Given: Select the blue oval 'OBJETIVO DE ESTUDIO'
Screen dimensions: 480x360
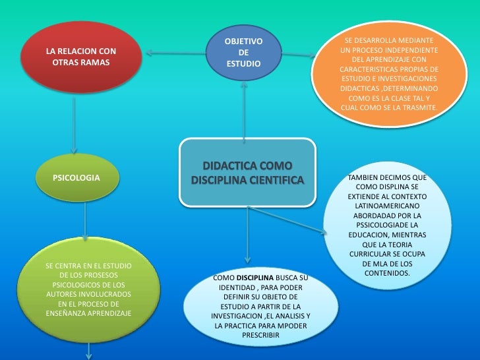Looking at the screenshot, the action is (243, 53).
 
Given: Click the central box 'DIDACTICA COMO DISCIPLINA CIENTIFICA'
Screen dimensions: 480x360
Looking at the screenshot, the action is (247, 171).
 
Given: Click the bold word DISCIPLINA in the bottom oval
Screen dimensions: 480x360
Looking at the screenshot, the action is (258, 278).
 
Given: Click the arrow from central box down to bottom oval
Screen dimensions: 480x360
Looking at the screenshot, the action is (247, 234).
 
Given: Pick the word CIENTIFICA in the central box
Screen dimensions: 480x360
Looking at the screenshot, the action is (276, 179).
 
